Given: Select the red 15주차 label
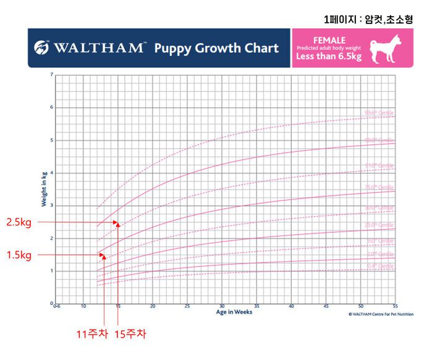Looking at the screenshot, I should click(x=130, y=335).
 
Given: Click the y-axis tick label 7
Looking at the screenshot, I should click(x=52, y=75).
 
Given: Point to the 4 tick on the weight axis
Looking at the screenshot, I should click(x=52, y=173).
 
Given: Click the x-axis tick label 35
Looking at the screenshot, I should click(x=256, y=306).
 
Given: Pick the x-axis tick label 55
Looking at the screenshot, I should click(x=395, y=306).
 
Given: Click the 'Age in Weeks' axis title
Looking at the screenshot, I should click(x=234, y=312).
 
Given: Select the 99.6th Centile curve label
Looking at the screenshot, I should click(x=378, y=113).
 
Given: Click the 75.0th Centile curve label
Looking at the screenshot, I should click(x=378, y=188).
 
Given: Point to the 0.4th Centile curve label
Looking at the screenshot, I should click(x=380, y=266).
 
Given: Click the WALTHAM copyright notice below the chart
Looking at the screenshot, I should click(x=371, y=313).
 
